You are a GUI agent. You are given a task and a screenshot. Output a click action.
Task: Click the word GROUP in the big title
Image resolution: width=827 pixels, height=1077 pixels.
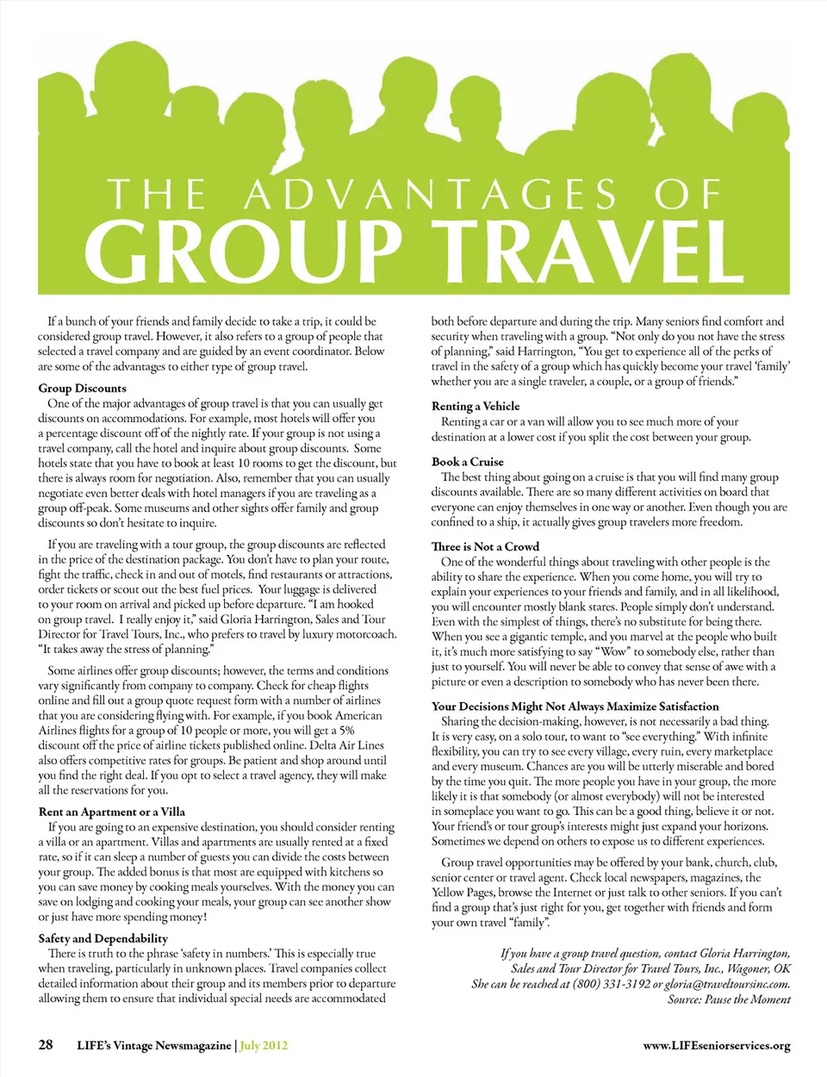[244, 250]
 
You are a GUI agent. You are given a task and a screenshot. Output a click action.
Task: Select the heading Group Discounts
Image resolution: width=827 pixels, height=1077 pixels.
[82, 388]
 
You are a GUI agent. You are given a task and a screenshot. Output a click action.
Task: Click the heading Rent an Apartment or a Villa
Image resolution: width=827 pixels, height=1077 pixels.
[111, 812]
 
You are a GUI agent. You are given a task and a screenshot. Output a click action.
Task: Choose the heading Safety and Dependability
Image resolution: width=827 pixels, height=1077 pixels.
[103, 938]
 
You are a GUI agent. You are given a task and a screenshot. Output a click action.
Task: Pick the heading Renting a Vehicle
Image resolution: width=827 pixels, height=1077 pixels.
[476, 406]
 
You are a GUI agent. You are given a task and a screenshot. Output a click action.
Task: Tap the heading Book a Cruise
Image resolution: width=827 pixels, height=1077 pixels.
[467, 462]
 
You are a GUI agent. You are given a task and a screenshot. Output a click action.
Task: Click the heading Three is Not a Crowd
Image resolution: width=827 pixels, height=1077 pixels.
[485, 546]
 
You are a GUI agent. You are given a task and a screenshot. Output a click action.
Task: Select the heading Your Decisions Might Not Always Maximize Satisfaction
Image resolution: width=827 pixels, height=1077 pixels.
[575, 706]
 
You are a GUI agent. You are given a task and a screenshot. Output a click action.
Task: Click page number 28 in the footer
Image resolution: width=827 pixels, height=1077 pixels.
[46, 1045]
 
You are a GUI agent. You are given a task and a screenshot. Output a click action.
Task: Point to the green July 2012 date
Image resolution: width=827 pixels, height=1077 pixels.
[264, 1046]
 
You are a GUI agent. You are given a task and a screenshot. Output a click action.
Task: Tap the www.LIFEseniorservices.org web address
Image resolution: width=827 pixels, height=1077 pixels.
[717, 1046]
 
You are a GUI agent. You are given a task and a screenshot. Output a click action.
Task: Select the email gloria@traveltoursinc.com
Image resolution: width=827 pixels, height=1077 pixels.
[727, 984]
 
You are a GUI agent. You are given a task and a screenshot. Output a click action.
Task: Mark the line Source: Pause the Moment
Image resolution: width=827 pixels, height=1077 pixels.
[729, 999]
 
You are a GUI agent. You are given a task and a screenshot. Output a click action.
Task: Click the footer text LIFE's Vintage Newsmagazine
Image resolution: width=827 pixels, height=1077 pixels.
[154, 1046]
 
